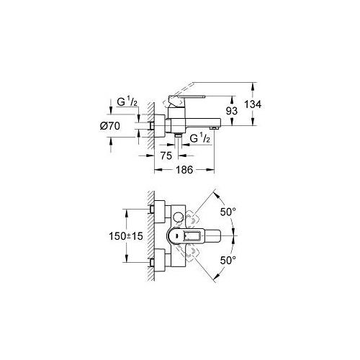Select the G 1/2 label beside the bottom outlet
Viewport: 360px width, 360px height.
(x=199, y=139)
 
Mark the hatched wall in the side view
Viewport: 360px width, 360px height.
(x=147, y=126)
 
